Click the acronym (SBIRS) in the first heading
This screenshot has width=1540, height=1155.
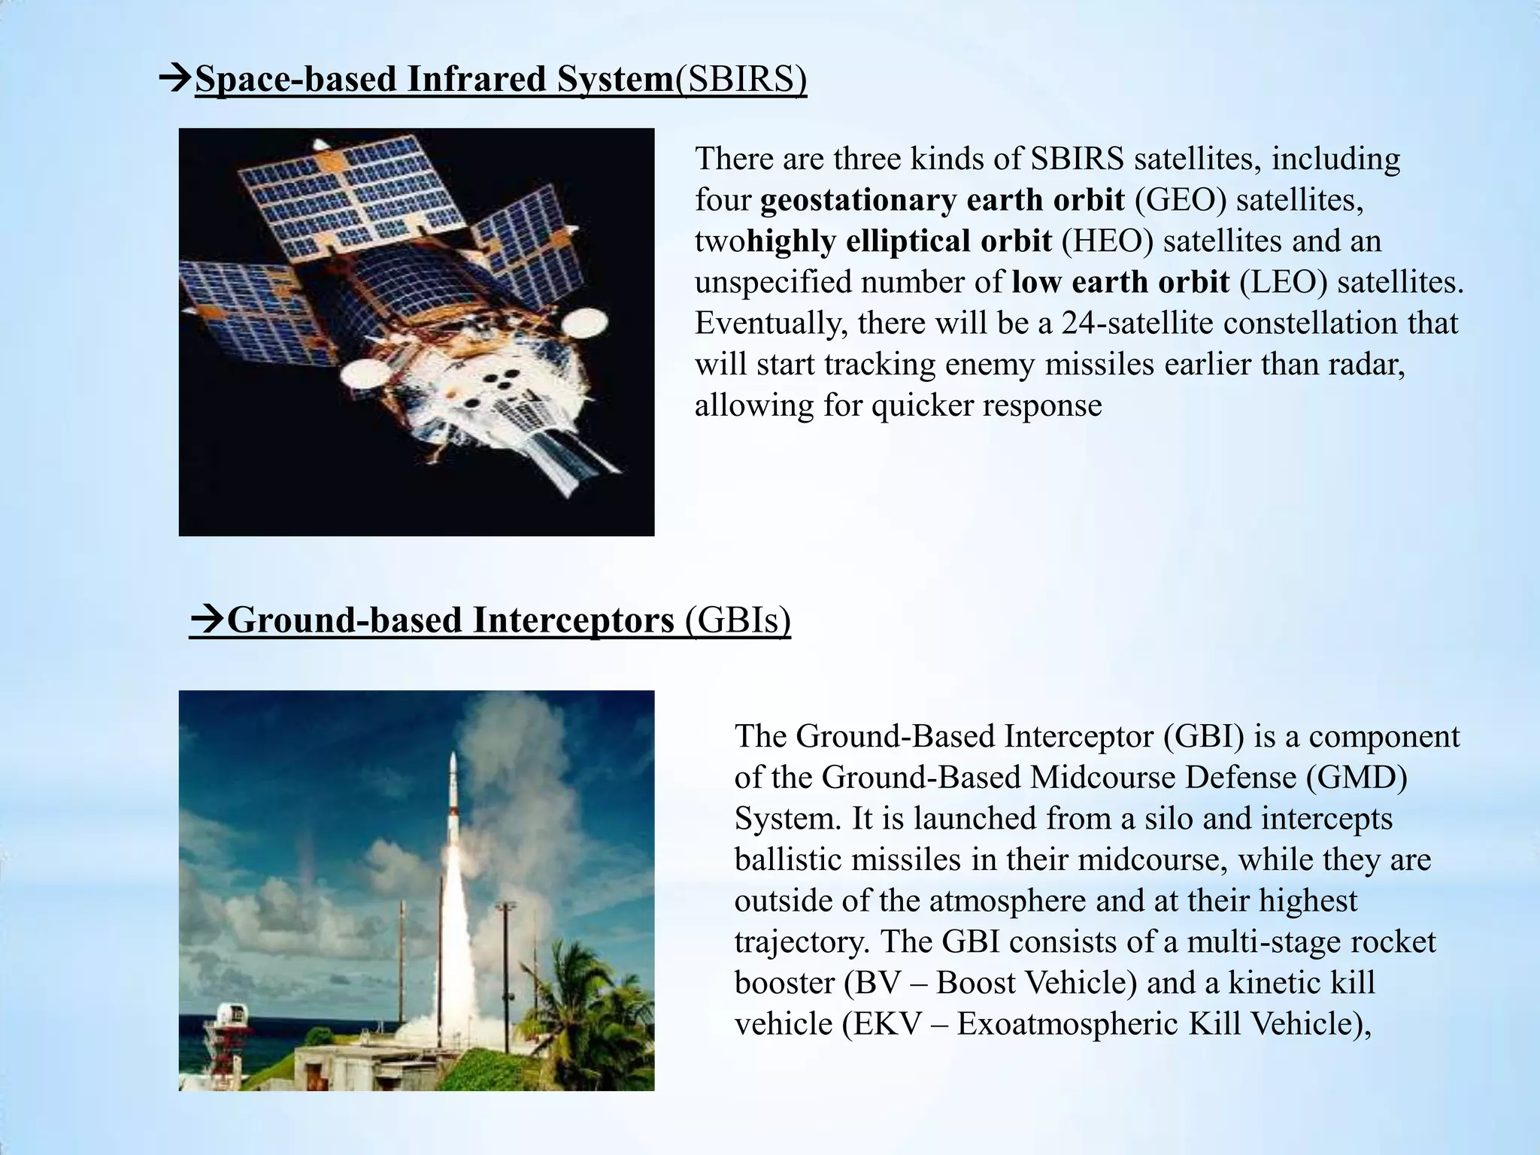coord(741,80)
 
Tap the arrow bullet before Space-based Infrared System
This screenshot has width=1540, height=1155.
coord(175,78)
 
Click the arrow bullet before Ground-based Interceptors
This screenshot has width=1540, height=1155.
coord(207,620)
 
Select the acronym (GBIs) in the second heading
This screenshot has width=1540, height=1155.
coord(738,621)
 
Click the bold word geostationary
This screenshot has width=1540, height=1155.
coord(857,200)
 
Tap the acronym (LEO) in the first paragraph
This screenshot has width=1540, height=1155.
coord(1283,282)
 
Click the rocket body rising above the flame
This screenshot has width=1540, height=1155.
coord(453,797)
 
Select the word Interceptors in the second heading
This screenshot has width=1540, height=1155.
coord(574,621)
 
